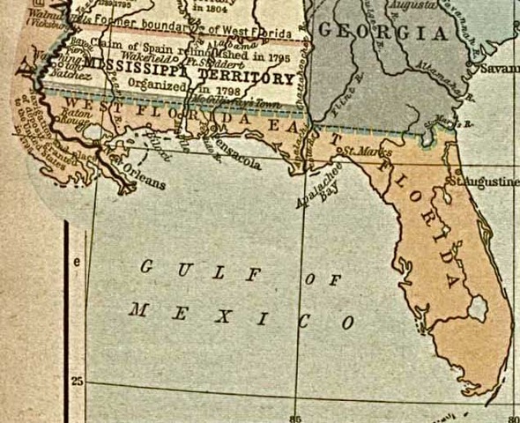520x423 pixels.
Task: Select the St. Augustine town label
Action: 485,181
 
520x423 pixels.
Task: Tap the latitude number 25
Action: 78,381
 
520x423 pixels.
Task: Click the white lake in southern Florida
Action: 478,308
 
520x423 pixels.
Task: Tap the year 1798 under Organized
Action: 216,89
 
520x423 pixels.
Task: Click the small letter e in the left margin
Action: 77,262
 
